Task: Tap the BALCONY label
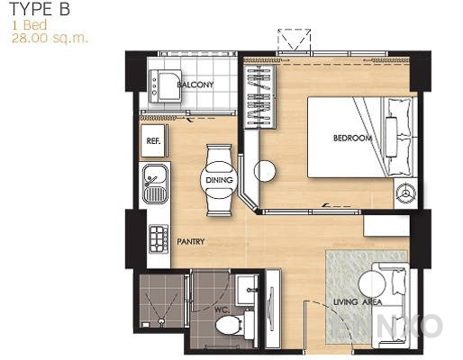click(195, 85)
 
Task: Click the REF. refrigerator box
click(154, 141)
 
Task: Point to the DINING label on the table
click(220, 181)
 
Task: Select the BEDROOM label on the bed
click(352, 139)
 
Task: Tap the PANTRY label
click(191, 241)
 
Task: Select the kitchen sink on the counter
click(153, 184)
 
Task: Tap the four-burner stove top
click(159, 239)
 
